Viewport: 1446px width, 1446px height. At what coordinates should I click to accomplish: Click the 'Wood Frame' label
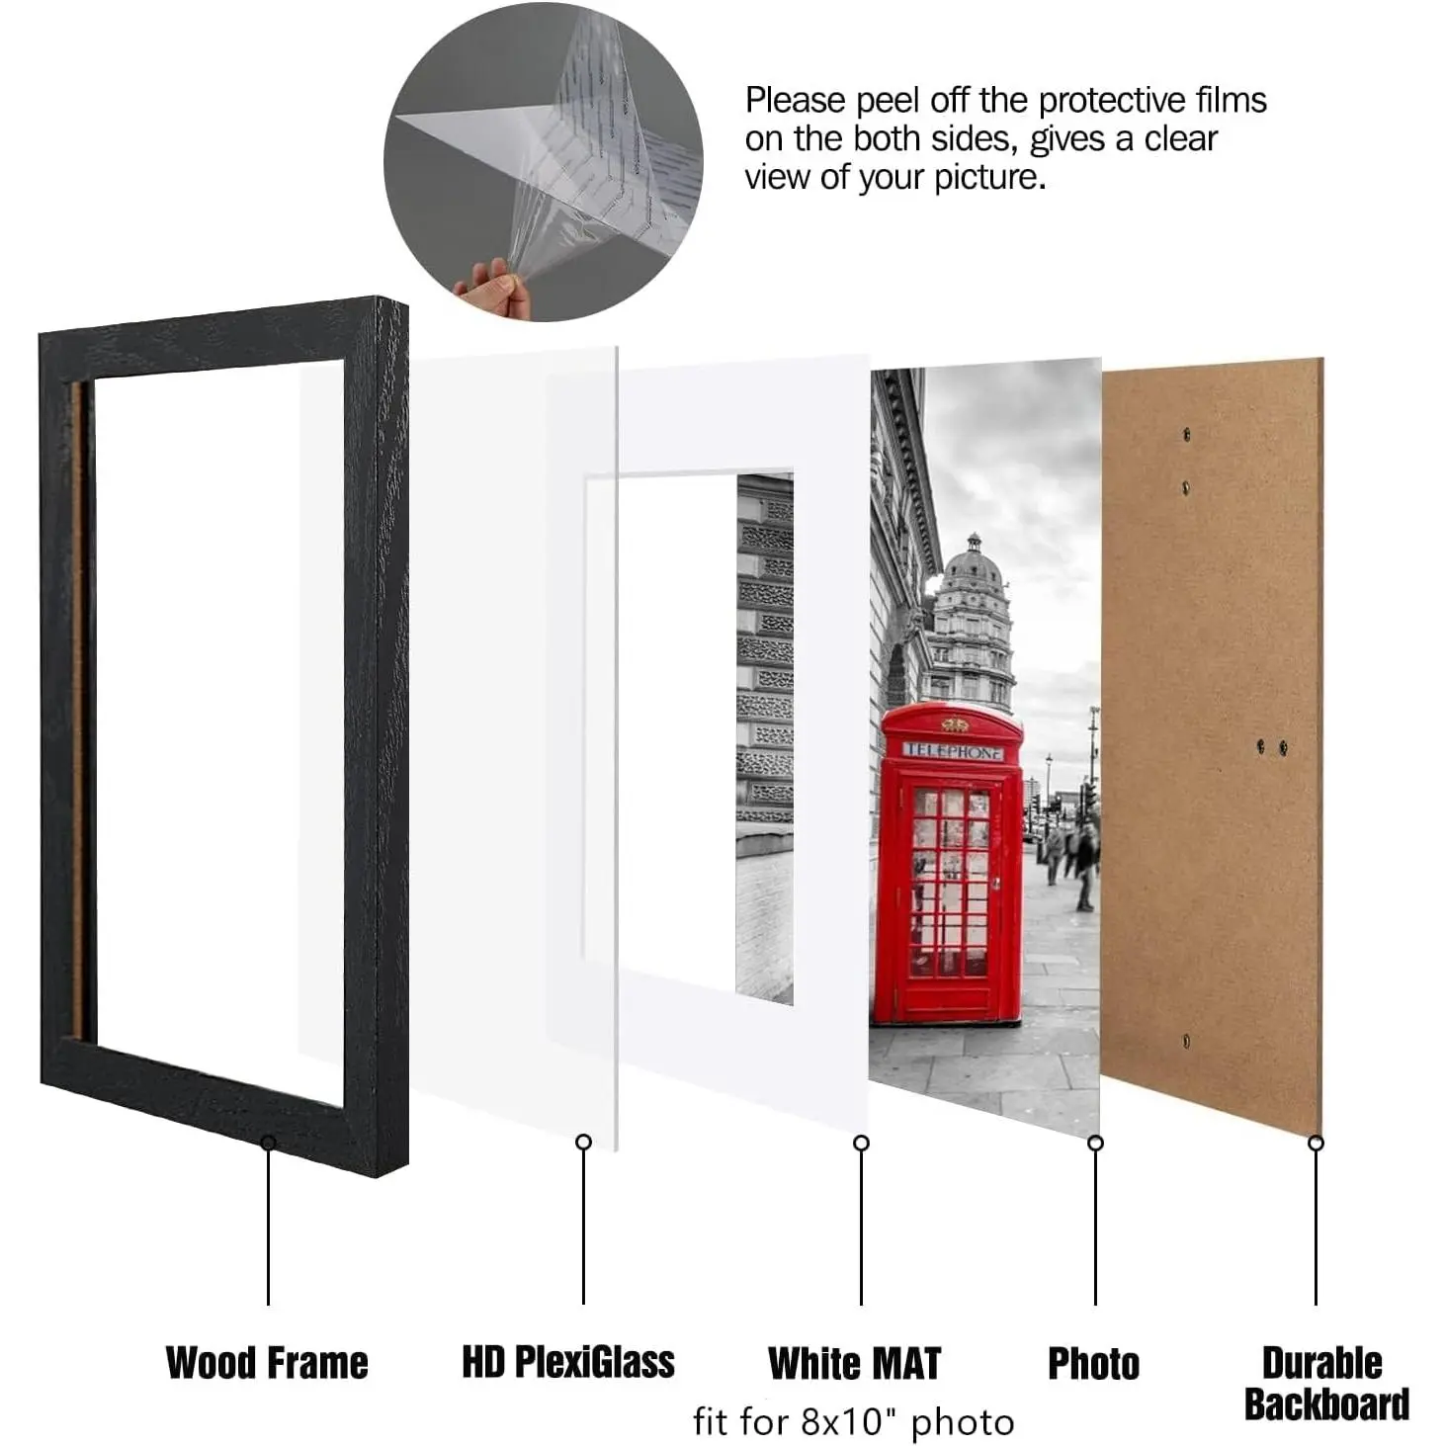[x=267, y=1363]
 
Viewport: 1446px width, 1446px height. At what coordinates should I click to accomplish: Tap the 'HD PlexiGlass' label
[x=568, y=1362]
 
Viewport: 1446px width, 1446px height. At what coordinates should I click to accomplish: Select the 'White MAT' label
[x=854, y=1363]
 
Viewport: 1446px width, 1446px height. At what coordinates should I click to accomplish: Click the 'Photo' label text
[x=1093, y=1363]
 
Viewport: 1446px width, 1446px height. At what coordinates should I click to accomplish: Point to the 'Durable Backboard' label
[x=1326, y=1384]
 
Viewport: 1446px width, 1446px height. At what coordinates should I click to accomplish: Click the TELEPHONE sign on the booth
[x=953, y=751]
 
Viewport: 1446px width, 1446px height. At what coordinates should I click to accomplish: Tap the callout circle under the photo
[x=1095, y=1143]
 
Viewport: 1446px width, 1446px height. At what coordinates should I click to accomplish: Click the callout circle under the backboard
[x=1316, y=1143]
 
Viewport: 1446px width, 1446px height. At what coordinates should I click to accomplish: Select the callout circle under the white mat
[x=861, y=1143]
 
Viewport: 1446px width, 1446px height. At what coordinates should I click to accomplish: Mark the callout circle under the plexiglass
[x=583, y=1143]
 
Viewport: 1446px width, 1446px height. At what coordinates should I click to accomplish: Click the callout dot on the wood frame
[x=268, y=1143]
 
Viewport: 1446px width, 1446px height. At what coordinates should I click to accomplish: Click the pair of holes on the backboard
[x=1272, y=746]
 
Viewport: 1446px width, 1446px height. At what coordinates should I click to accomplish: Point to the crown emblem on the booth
[x=955, y=724]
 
